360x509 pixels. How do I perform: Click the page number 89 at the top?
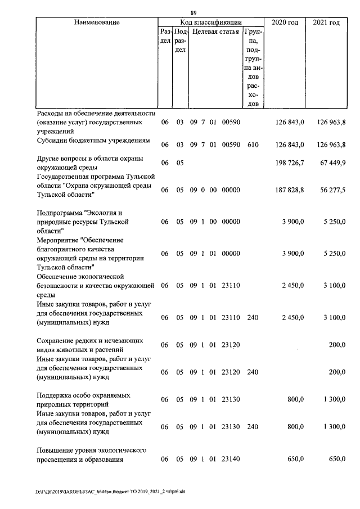point(193,13)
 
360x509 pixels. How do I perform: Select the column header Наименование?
point(96,22)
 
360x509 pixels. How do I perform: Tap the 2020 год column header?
point(285,22)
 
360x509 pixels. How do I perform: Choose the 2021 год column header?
point(326,22)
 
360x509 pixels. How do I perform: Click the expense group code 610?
point(253,145)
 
